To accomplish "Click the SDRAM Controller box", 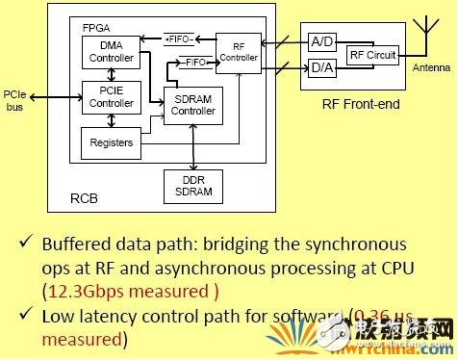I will (x=193, y=106).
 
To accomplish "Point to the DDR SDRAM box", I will (x=193, y=186).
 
